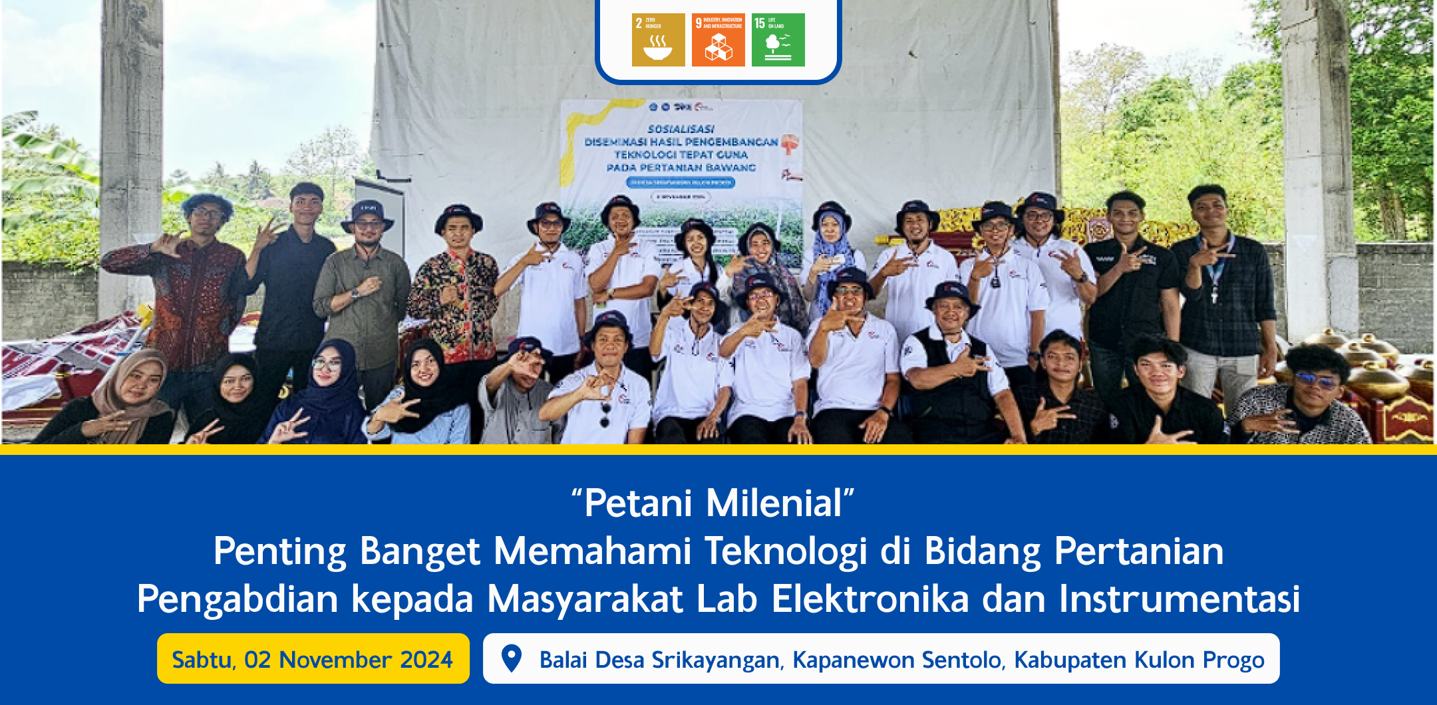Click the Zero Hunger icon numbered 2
658,40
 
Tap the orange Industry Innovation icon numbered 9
718,40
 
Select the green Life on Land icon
778,40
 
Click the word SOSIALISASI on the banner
681,129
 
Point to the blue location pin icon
511,658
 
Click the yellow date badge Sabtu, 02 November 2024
313,659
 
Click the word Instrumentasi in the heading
1179,599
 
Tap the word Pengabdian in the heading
238,599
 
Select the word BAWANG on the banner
730,168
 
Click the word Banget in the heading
420,551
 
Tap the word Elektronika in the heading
870,599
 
